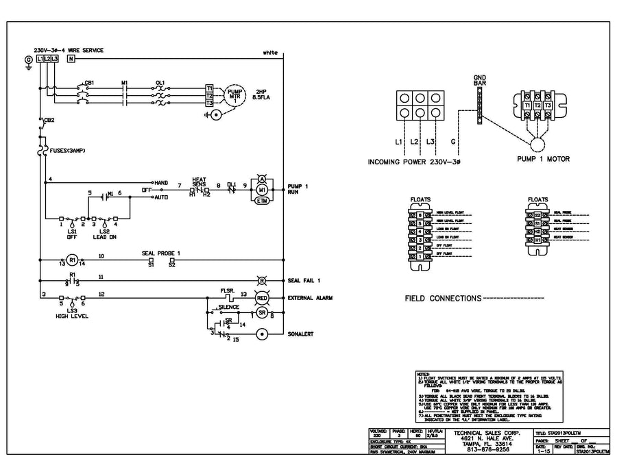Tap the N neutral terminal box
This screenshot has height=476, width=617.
tap(70, 60)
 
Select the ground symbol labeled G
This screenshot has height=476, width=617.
tap(28, 60)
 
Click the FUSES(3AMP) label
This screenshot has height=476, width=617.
tap(69, 150)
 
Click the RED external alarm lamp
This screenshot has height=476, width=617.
tap(261, 299)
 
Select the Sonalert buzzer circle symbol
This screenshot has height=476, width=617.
tap(261, 335)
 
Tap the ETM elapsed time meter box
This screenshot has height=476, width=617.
tap(261, 201)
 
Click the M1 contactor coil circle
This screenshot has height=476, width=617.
tap(261, 190)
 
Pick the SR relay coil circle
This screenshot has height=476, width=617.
tap(261, 314)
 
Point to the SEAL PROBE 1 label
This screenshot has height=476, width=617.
tap(161, 253)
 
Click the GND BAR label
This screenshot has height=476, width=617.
tap(480, 80)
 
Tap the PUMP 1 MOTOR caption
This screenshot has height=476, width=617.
tap(543, 159)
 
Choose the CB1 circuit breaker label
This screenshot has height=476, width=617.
tap(88, 82)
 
